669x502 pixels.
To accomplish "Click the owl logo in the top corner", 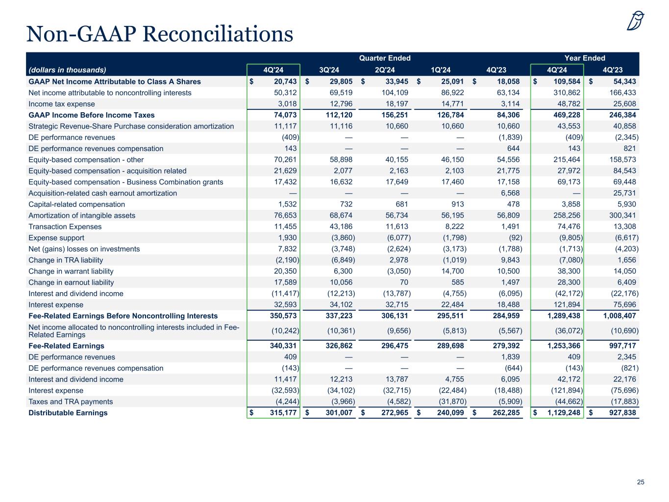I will pos(636,21).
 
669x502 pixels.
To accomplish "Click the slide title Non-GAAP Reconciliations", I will pos(160,34).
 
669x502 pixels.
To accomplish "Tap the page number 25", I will pos(641,482).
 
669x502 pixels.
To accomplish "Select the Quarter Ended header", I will pos(385,58).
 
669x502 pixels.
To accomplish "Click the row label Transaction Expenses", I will pos(65,226).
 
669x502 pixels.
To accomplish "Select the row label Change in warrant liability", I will pos(71,271).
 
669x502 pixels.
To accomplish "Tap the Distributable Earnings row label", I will pos(68,413).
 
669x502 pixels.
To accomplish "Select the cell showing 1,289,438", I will pos(564,316).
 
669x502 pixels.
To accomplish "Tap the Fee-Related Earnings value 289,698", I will pos(450,346).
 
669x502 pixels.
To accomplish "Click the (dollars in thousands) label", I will pos(68,70).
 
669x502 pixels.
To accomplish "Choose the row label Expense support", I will pos(56,238).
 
